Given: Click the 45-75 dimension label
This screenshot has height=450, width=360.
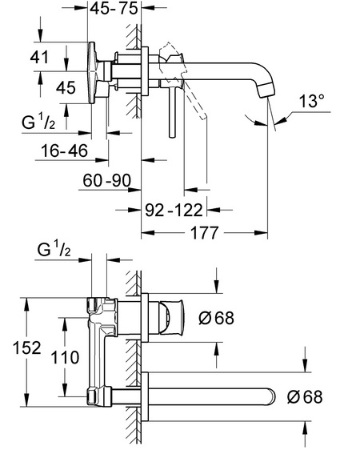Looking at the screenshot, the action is click(x=114, y=9).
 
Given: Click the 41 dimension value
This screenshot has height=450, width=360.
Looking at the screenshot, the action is click(x=39, y=57).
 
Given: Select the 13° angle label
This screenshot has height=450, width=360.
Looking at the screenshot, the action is click(x=312, y=101).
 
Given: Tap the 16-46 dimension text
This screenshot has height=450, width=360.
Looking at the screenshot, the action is click(x=64, y=151).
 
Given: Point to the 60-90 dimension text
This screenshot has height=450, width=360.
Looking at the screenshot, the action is click(x=106, y=180).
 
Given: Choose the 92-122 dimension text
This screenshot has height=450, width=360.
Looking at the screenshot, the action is click(x=174, y=211).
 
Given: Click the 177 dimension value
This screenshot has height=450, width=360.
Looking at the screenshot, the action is click(x=204, y=233).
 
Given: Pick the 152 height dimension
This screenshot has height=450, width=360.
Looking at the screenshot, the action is click(x=27, y=348).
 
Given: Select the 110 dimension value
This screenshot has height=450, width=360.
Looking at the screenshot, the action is click(x=65, y=358).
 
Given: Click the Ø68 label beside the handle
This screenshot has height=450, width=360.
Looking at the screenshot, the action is click(x=217, y=318).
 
